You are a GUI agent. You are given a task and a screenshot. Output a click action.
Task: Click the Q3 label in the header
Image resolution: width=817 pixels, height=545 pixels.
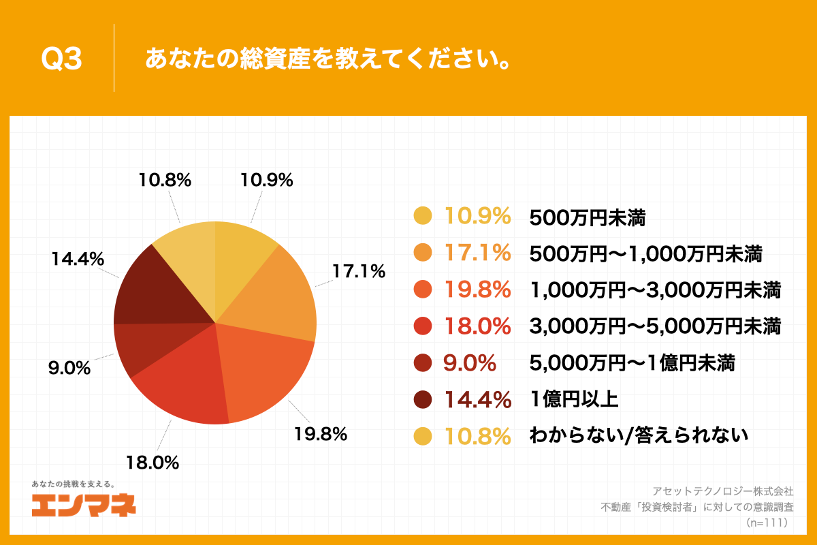coord(61,59)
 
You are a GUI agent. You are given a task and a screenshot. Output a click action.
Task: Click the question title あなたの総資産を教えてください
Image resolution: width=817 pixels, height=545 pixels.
coord(328,59)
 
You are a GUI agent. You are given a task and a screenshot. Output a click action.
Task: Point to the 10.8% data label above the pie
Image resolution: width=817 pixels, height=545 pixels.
coord(164,181)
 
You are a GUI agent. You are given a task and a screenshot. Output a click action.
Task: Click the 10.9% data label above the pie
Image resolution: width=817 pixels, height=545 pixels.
coord(266,181)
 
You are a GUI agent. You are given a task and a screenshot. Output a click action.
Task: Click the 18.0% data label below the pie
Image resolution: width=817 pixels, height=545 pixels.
coord(152,463)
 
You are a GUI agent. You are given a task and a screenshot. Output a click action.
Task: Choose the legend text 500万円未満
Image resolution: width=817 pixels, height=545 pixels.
coord(587,217)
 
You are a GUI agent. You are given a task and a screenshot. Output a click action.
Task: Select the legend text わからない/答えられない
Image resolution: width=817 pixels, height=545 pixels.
coord(639,435)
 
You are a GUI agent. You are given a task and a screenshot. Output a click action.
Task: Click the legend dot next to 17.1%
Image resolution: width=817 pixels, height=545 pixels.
coord(423,253)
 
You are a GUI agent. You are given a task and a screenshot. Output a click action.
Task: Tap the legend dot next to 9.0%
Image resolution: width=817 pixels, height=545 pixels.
coord(423,362)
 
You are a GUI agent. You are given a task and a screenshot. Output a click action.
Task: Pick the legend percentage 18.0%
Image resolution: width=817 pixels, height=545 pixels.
coord(477,326)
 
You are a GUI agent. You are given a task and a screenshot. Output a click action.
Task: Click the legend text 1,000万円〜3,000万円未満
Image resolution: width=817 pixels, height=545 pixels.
coord(655,290)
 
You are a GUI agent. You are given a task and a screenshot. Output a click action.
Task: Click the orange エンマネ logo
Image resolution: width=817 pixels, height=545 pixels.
coord(84,504)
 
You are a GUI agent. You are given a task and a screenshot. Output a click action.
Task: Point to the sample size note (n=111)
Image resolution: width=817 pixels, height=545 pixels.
coord(767,523)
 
